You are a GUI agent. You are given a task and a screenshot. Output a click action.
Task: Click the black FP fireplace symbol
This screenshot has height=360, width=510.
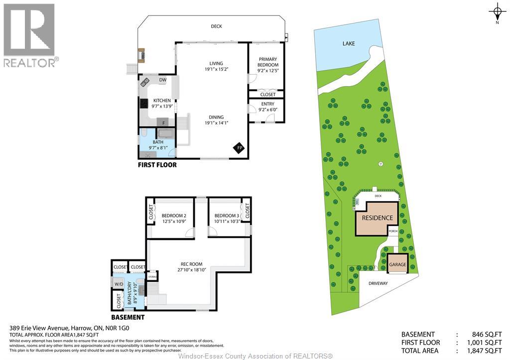pyautogui.click(x=239, y=148)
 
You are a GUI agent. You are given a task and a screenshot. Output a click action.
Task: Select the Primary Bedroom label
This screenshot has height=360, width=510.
pyautogui.click(x=267, y=62)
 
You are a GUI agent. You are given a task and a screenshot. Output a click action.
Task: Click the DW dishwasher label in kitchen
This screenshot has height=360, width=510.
pyautogui.click(x=162, y=80)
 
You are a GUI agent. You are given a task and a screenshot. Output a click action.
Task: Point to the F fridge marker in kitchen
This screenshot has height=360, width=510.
pyautogui.click(x=163, y=121)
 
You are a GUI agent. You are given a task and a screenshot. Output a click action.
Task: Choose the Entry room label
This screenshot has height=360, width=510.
pyautogui.click(x=267, y=104)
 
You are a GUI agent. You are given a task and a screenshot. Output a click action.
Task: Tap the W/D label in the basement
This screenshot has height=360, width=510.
pyautogui.click(x=119, y=284)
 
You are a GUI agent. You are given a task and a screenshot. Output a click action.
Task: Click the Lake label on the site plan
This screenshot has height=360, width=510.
pyautogui.click(x=349, y=44)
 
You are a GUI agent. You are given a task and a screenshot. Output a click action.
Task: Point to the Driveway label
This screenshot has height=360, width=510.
pyautogui.click(x=378, y=283)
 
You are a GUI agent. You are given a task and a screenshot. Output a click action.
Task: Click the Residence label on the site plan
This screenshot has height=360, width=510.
pyautogui.click(x=377, y=218)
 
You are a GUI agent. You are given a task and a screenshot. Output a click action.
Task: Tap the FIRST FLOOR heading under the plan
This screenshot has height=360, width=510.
pyautogui.click(x=157, y=165)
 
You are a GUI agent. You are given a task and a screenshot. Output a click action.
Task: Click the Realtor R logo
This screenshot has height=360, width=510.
pyautogui.click(x=29, y=30)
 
